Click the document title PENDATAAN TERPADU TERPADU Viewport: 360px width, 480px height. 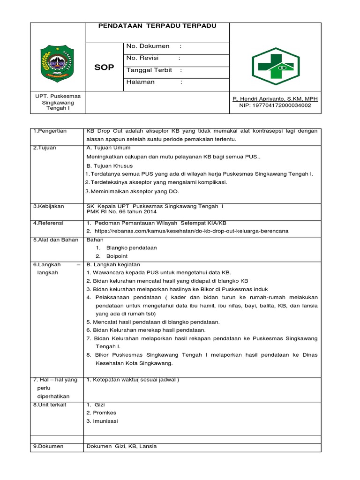pyautogui.click(x=157, y=26)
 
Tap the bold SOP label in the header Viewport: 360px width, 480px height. pyautogui.click(x=104, y=67)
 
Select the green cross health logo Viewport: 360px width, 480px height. pyautogui.click(x=275, y=66)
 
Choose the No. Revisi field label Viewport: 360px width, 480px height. pyautogui.click(x=142, y=58)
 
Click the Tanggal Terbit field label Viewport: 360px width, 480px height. pyautogui.click(x=149, y=70)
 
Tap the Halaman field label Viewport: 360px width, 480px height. pyautogui.click(x=140, y=82)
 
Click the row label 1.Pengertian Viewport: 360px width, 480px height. pyautogui.click(x=50, y=131)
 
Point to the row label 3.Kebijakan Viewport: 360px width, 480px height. pyautogui.click(x=49, y=206)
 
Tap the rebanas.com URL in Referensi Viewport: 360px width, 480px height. pyautogui.click(x=191, y=232)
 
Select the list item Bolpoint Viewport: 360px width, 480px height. pyautogui.click(x=117, y=256)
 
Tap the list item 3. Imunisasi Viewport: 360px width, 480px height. pyautogui.click(x=102, y=421)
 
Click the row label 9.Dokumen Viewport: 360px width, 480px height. pyautogui.click(x=48, y=447)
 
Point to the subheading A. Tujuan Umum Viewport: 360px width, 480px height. pyautogui.click(x=108, y=148)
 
